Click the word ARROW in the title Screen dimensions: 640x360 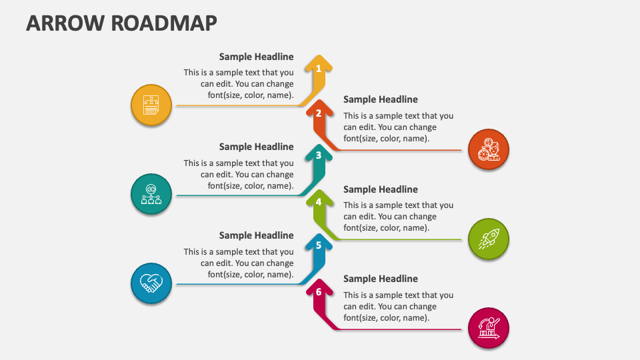[65, 23]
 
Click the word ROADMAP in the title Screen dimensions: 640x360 [164, 23]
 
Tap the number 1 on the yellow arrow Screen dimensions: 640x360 [319, 69]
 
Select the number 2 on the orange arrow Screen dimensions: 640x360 [319, 113]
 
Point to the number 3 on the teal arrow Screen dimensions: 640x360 [319, 155]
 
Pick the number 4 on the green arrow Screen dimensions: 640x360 [319, 201]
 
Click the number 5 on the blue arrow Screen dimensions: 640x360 [319, 245]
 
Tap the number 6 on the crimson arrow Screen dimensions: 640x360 [319, 292]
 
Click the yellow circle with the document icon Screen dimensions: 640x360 [151, 105]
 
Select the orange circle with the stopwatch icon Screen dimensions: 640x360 [489, 149]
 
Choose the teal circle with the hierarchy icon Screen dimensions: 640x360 [151, 194]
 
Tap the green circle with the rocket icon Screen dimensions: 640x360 [489, 239]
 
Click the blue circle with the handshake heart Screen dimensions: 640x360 [151, 283]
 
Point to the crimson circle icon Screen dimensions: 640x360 [489, 328]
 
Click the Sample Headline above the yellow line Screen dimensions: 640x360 [256, 57]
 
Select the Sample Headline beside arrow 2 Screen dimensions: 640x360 [381, 99]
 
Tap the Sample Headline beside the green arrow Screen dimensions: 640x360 [381, 189]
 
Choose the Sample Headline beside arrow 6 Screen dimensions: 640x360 [381, 279]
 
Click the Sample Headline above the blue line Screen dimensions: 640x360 [256, 235]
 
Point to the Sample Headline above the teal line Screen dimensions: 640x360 [256, 147]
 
